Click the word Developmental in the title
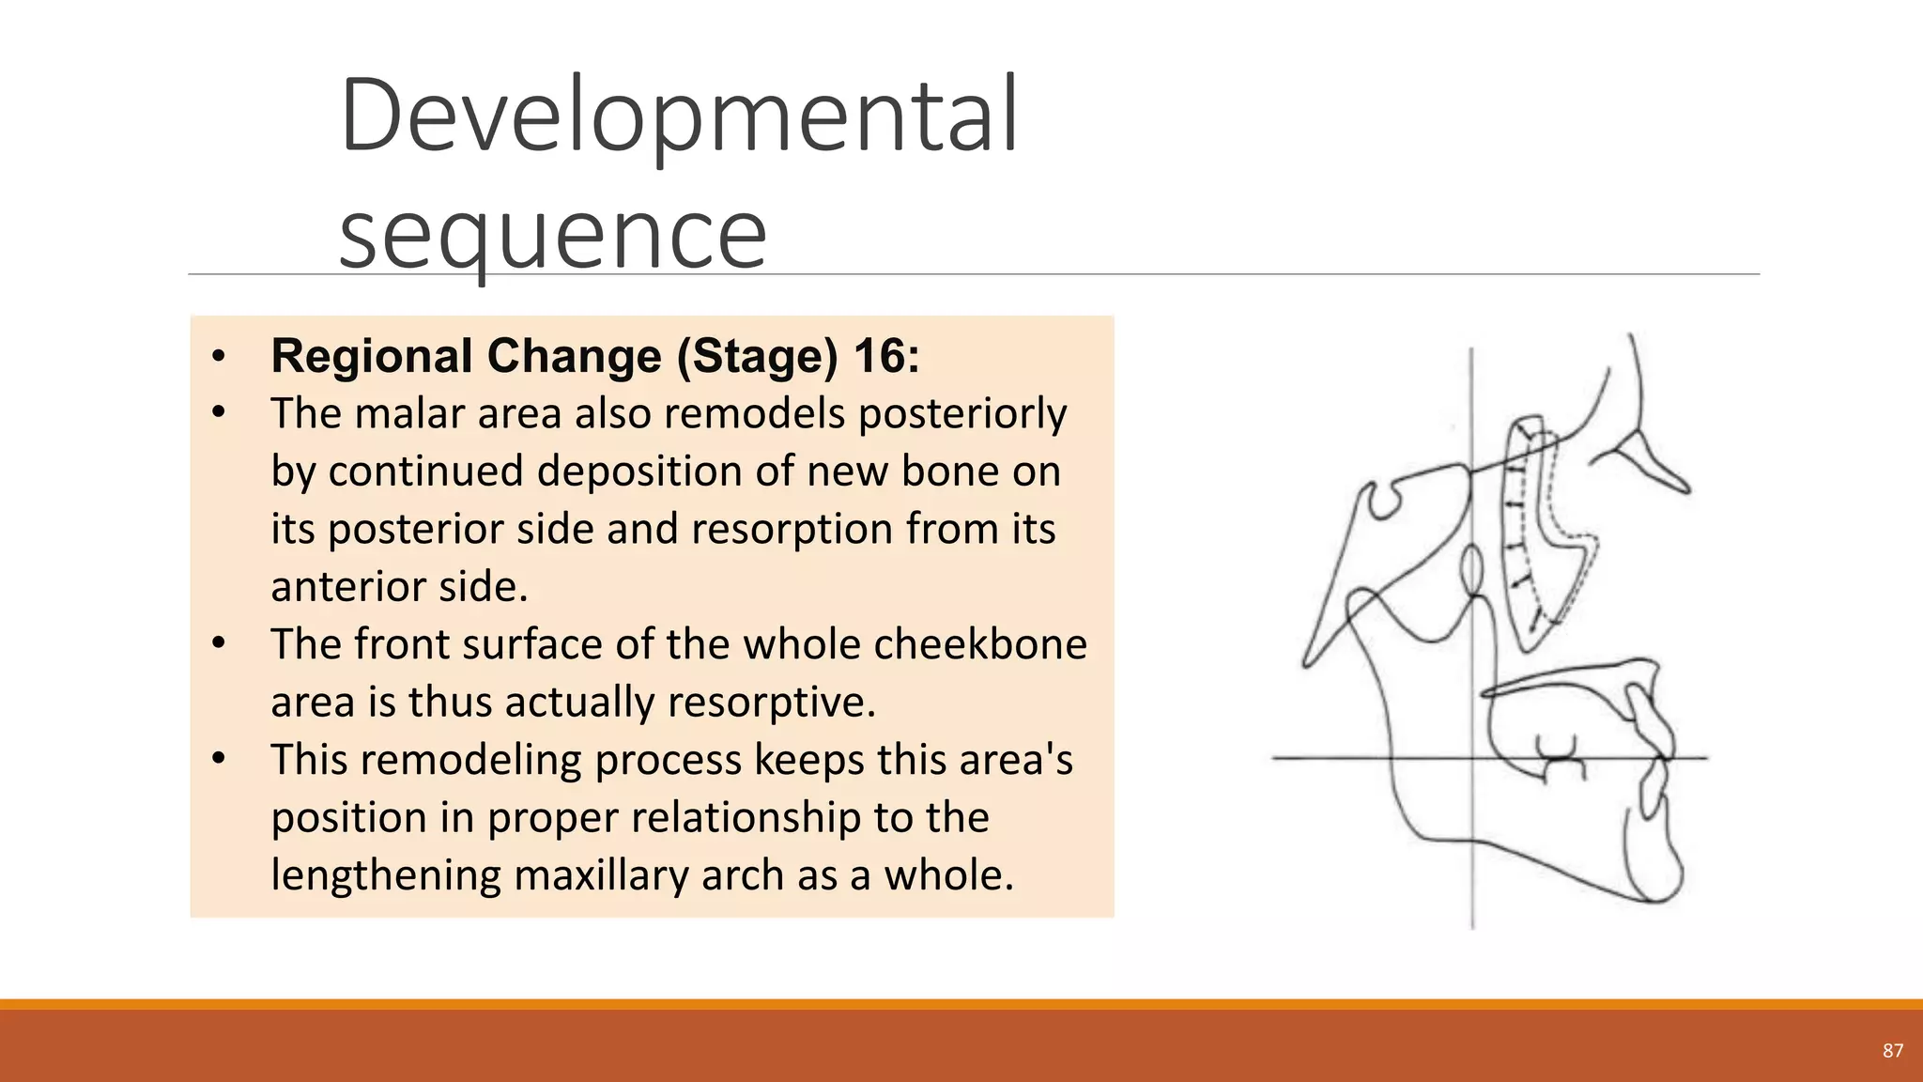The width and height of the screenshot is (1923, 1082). pos(678,116)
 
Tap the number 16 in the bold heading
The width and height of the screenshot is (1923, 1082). pos(880,356)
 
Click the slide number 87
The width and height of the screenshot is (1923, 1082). pos(1893,1051)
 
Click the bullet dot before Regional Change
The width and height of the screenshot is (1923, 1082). pos(219,357)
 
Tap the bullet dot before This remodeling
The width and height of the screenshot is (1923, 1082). pos(219,759)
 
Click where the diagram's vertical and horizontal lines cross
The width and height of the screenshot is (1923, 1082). pos(1471,758)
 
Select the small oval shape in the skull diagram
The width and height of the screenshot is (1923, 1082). pos(1471,568)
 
